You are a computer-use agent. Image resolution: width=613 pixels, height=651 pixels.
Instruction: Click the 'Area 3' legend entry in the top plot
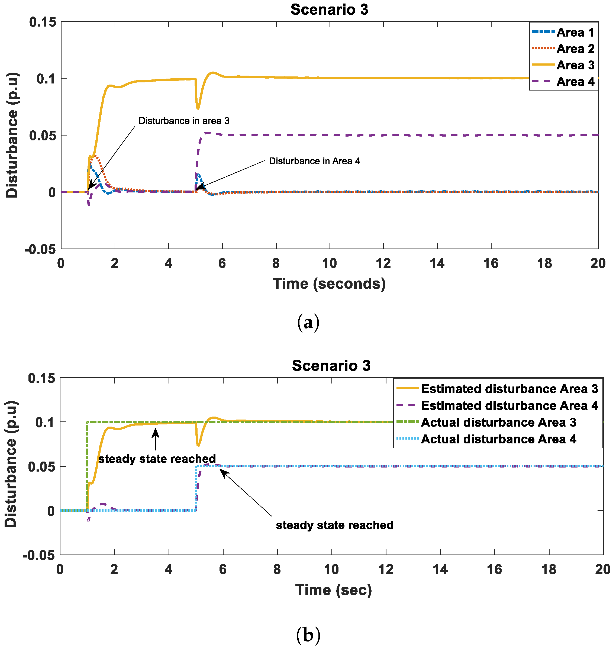[575, 65]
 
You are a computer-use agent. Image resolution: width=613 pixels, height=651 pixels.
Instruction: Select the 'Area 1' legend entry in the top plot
[575, 33]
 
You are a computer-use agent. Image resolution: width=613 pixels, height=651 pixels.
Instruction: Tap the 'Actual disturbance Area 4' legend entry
[498, 439]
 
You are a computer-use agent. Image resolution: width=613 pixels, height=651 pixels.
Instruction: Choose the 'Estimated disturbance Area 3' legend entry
[509, 389]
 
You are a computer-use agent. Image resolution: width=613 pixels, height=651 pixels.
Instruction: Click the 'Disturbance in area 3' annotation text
[184, 121]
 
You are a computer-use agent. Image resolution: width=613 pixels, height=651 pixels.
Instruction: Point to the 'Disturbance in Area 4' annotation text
[314, 161]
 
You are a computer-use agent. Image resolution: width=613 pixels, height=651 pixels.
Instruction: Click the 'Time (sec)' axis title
[333, 590]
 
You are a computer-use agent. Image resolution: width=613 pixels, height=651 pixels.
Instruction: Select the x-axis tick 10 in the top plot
[330, 263]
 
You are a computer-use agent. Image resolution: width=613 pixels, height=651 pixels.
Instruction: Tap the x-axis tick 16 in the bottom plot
[494, 569]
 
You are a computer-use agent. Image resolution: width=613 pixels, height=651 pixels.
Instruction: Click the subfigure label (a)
[308, 323]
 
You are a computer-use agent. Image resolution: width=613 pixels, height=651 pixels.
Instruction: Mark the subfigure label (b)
[308, 635]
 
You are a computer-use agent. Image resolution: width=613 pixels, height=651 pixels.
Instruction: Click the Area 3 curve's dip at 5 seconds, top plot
[198, 107]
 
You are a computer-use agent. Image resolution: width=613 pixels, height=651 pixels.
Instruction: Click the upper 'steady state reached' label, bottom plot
[157, 459]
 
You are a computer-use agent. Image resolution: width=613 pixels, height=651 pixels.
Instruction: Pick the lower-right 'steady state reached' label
[334, 525]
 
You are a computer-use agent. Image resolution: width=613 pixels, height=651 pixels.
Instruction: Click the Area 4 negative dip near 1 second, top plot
[89, 204]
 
